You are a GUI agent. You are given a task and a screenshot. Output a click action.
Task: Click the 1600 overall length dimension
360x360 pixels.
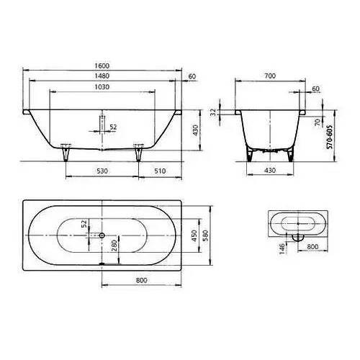(x=102, y=66)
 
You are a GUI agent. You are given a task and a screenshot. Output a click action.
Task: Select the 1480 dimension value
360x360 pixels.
(x=102, y=76)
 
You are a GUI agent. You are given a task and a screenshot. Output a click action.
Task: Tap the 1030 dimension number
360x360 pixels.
(x=102, y=87)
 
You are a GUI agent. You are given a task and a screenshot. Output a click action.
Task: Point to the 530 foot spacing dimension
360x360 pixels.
(x=102, y=171)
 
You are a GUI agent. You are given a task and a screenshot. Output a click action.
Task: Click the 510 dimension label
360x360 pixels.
(x=160, y=171)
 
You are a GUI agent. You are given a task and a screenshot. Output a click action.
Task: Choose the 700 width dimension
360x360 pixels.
(x=270, y=76)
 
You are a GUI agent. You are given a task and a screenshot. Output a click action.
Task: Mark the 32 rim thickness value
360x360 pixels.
(x=213, y=112)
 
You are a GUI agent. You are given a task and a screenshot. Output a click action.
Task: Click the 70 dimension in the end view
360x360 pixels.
(x=318, y=122)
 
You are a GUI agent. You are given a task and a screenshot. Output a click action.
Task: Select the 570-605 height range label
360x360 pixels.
(x=330, y=137)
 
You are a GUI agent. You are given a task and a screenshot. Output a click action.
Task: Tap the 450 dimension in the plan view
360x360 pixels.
(x=194, y=235)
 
